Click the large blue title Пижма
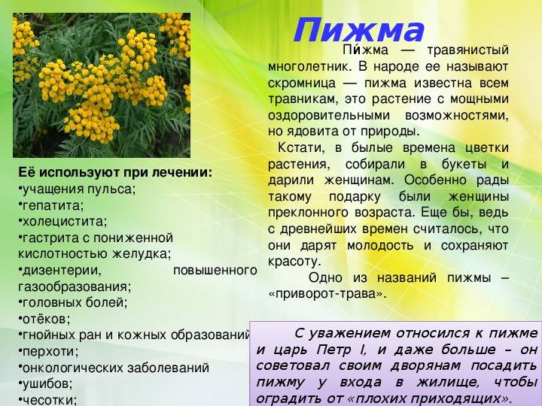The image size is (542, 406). tap(358, 30)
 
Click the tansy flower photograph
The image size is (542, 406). tap(102, 85)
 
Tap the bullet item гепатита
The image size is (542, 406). tap(51, 205)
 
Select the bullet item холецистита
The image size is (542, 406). tap(62, 221)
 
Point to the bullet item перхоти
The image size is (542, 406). tap(48, 351)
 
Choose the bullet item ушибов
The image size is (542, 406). tap(45, 383)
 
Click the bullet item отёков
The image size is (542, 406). tap(44, 319)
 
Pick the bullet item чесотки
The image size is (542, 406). tap(47, 400)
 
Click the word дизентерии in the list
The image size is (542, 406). tap(62, 271)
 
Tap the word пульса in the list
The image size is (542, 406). tap(111, 189)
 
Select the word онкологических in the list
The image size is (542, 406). tap(73, 368)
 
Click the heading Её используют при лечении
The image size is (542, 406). tap(115, 173)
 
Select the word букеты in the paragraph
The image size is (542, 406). tap(464, 164)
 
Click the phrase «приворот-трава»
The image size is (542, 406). tap(327, 294)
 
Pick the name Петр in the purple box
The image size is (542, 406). tap(334, 350)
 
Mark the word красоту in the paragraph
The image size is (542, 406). tap(294, 262)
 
